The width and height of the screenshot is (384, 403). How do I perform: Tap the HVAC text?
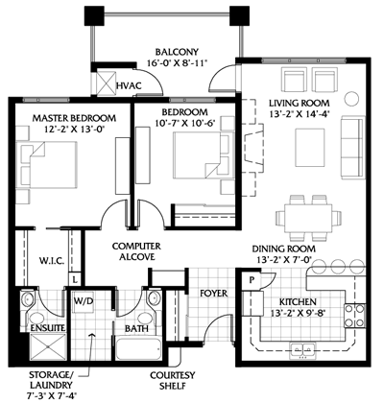point(129,87)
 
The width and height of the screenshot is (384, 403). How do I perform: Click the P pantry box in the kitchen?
point(252,282)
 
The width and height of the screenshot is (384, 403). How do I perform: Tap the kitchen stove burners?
point(353,314)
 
